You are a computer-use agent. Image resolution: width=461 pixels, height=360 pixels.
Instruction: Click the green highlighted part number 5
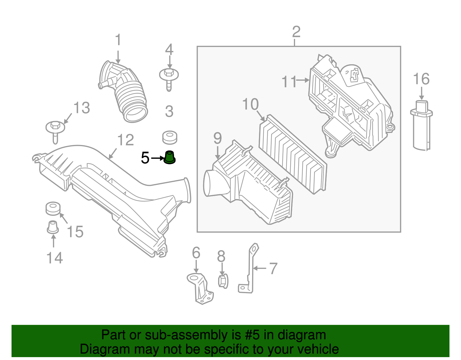click(x=169, y=158)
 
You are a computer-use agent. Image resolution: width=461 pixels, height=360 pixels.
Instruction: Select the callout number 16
click(x=421, y=79)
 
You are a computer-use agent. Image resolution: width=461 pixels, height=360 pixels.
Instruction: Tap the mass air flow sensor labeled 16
click(x=421, y=125)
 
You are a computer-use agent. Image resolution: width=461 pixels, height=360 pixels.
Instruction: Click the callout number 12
click(x=126, y=140)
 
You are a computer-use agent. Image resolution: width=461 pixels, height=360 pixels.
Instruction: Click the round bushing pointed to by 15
click(x=53, y=208)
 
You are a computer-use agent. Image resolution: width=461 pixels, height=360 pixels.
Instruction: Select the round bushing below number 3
click(x=169, y=137)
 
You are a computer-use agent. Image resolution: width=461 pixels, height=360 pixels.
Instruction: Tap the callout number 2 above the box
click(x=296, y=32)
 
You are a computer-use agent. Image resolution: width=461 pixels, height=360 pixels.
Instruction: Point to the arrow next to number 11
click(x=303, y=80)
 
